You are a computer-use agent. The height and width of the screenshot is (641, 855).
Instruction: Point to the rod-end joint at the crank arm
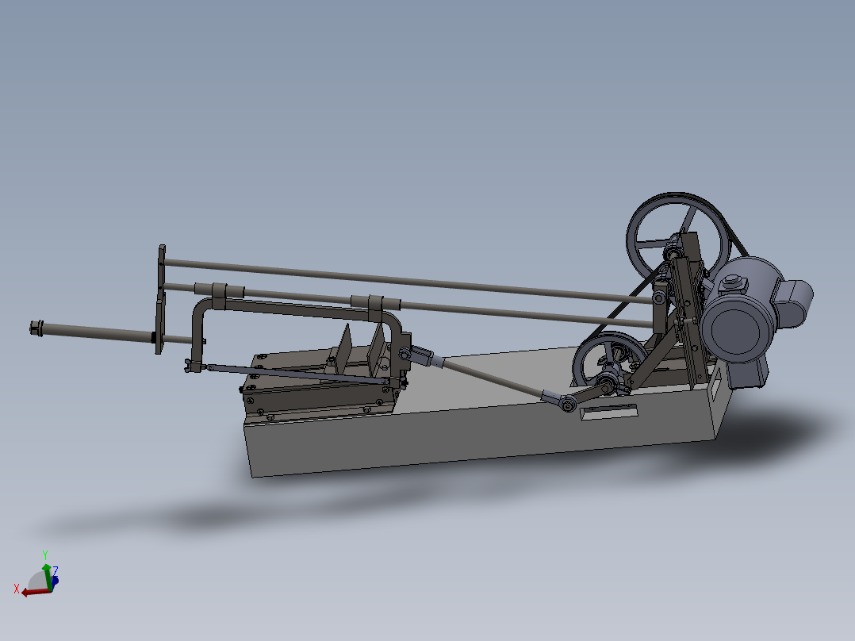tap(568, 404)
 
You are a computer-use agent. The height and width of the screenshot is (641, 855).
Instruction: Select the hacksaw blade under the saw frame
tap(293, 374)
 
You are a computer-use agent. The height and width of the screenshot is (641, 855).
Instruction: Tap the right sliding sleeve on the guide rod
tap(373, 302)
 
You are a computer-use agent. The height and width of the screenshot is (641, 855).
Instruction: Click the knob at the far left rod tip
tap(34, 328)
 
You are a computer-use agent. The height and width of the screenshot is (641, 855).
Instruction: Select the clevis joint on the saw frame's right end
tap(406, 355)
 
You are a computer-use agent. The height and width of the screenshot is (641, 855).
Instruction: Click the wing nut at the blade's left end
tap(190, 367)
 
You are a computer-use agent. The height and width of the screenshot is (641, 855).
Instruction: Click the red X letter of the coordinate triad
tap(17, 588)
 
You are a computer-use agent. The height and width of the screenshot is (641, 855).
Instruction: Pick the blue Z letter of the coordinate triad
tap(55, 570)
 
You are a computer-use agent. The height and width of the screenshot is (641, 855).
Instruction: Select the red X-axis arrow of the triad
tap(32, 592)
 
